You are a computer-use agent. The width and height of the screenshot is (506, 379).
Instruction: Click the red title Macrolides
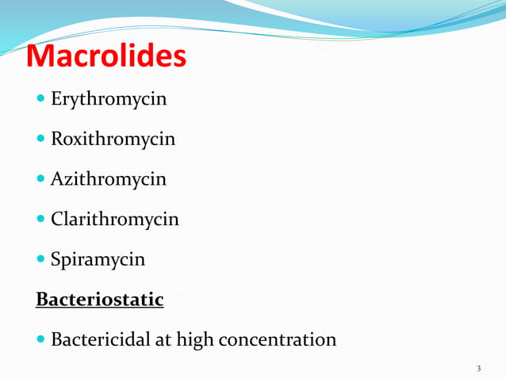coord(106,56)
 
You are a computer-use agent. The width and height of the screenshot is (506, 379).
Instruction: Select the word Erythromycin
coord(109,100)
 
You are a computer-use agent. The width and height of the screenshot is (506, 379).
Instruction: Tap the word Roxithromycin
coord(113,140)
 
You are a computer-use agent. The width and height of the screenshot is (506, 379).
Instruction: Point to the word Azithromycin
coord(109,179)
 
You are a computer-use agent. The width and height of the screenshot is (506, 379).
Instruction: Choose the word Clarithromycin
coord(115,219)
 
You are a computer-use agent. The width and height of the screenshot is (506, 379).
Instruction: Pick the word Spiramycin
coord(98,259)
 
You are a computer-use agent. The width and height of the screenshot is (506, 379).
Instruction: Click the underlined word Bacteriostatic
coord(100,300)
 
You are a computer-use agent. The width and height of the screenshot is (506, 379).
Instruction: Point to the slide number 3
coord(479,369)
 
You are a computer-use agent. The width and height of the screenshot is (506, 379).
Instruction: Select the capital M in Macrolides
coord(44,56)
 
